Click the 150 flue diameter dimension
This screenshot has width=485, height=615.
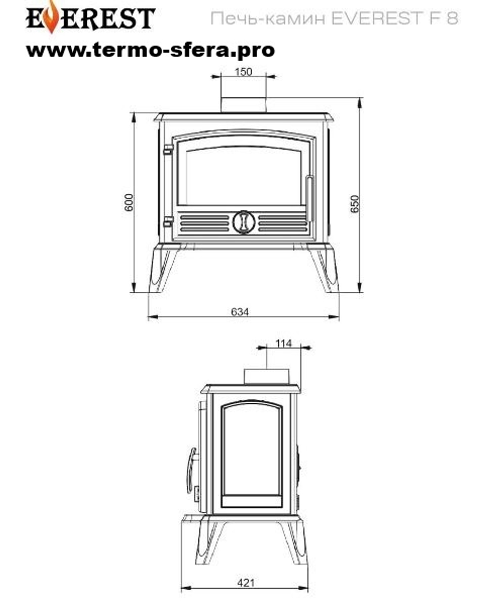(x=243, y=72)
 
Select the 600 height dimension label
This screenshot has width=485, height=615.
(x=129, y=203)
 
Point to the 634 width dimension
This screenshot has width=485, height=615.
(x=240, y=312)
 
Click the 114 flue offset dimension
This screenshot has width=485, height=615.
(x=284, y=343)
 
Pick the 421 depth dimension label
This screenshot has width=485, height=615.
(x=246, y=583)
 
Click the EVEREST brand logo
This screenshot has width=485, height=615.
(x=90, y=18)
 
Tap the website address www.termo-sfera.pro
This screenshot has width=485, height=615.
(x=150, y=49)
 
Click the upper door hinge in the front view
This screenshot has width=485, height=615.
(x=168, y=150)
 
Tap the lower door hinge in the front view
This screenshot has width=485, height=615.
(x=168, y=221)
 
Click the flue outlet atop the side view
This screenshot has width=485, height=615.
(x=266, y=376)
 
